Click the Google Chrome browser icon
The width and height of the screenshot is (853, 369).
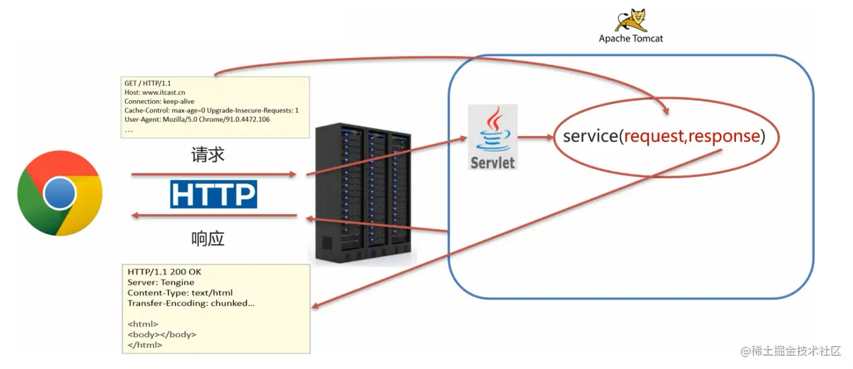click(x=60, y=193)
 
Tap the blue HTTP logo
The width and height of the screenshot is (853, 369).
click(x=213, y=194)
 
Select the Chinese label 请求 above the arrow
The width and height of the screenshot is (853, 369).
click(x=208, y=155)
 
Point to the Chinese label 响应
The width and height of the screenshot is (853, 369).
click(x=208, y=239)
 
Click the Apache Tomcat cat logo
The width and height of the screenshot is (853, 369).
click(x=630, y=20)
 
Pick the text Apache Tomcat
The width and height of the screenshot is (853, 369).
click(x=630, y=38)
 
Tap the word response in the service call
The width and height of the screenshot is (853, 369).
click(x=725, y=136)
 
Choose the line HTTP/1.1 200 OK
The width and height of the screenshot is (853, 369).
click(x=164, y=272)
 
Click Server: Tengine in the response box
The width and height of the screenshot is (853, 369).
click(x=160, y=283)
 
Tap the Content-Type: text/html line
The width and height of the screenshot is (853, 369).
click(x=180, y=293)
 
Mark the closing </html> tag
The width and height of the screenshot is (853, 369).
click(x=145, y=345)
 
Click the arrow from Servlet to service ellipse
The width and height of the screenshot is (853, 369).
click(x=535, y=135)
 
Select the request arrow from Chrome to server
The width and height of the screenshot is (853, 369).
click(x=214, y=174)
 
